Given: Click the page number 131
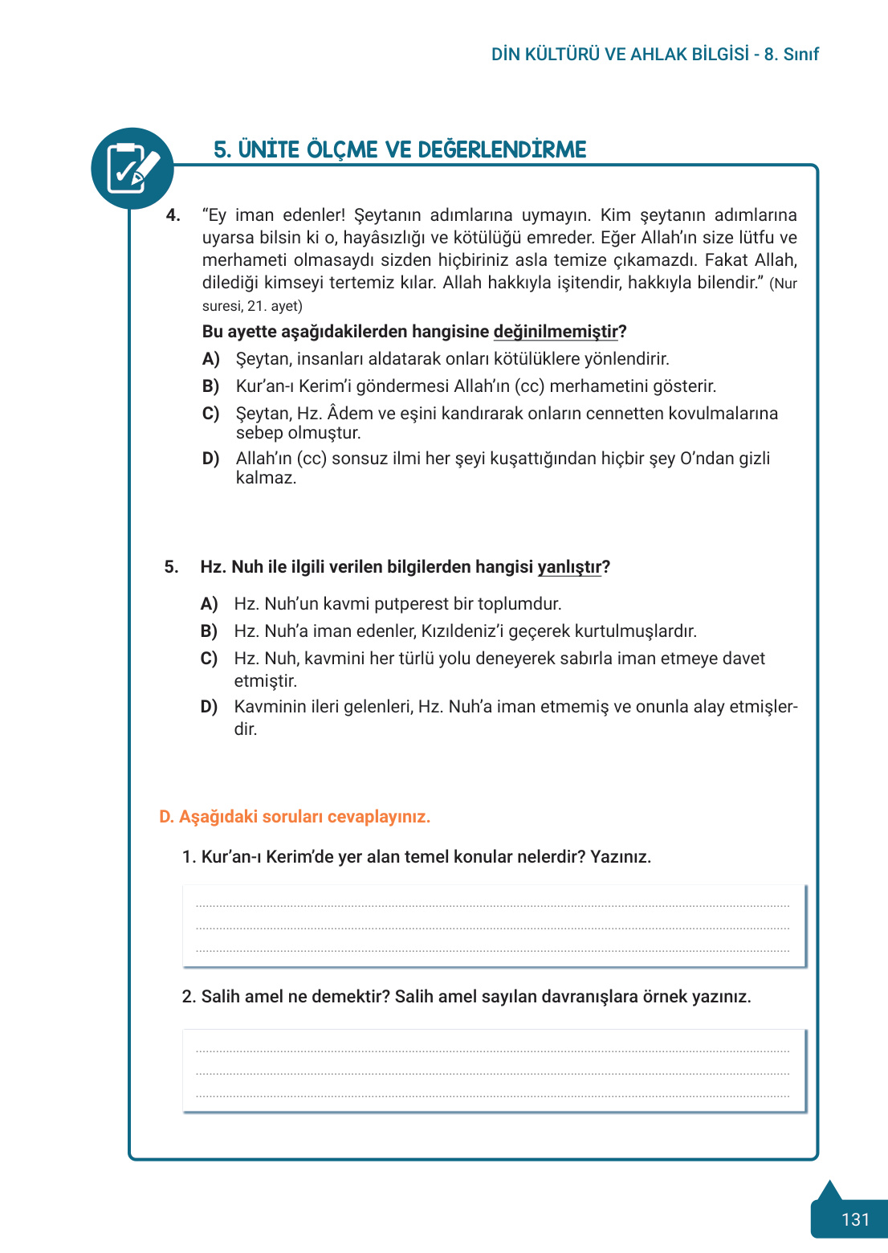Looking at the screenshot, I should click(855, 1219).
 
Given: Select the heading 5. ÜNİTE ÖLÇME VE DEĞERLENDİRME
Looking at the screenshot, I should click(400, 150).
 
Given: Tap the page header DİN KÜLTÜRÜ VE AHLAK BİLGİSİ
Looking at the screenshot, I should click(620, 55).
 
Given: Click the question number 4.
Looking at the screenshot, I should click(173, 215).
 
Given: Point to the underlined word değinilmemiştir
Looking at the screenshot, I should click(556, 332).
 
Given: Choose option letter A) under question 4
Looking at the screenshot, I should click(210, 359).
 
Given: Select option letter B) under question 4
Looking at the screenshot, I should click(210, 386).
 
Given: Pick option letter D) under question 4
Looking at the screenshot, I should click(210, 459).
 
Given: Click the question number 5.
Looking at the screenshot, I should click(171, 567).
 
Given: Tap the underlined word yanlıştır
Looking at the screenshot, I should click(569, 567).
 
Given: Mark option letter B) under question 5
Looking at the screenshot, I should click(209, 631).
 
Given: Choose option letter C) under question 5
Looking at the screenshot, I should click(209, 659).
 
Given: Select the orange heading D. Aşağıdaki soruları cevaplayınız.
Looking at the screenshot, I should click(295, 817).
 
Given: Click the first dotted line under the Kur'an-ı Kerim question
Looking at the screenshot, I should click(492, 906).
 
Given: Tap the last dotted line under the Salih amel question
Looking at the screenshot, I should click(492, 1096).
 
